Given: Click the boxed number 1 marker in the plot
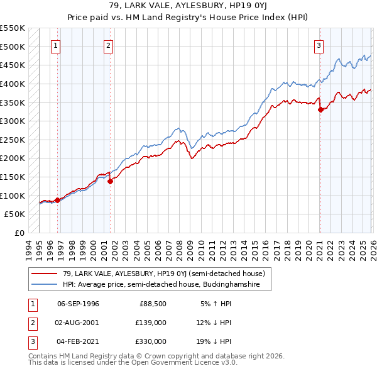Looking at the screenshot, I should [x=56, y=45].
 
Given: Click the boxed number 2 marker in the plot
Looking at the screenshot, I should [x=109, y=45].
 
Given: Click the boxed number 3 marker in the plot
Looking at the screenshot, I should [x=319, y=45].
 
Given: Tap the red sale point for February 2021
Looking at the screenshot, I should [x=320, y=109].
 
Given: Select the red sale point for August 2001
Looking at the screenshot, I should [x=110, y=181].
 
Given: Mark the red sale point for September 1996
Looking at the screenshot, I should [x=57, y=200].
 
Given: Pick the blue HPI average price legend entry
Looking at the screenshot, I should [x=166, y=285].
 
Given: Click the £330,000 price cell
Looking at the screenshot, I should [x=151, y=341].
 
